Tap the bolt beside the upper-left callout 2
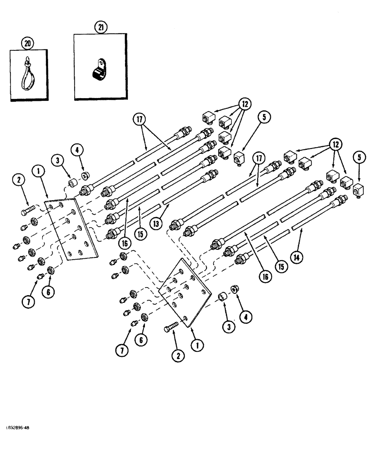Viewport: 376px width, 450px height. coord(29,209)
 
